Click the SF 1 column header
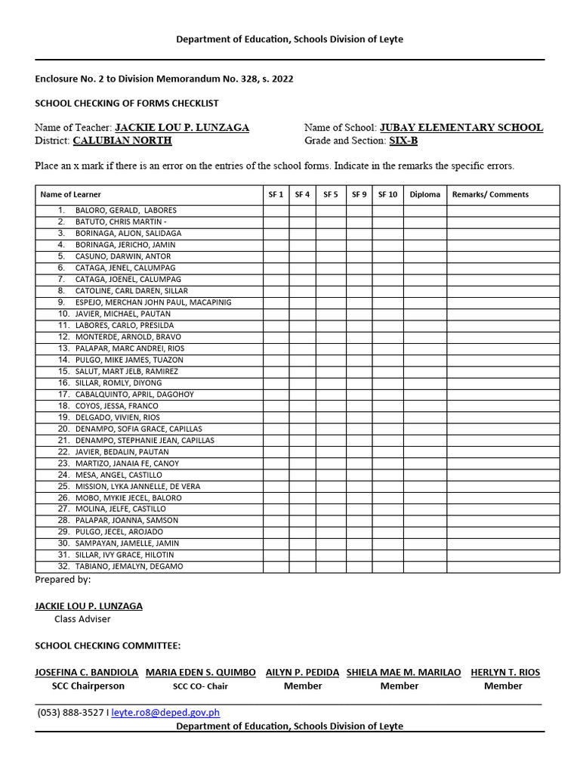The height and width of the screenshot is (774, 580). point(276,194)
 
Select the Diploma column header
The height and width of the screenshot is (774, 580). point(424,194)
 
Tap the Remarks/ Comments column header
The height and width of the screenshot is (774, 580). point(490,194)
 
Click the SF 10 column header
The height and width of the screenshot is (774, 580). point(387,194)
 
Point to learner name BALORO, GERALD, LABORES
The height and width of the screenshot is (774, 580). point(125,211)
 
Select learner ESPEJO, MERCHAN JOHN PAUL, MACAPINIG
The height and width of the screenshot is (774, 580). point(153,302)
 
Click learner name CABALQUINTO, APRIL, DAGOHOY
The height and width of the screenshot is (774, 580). point(134,395)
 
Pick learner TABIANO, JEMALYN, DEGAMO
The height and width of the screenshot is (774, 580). point(128,566)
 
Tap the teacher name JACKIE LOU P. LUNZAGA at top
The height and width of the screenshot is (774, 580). point(181,128)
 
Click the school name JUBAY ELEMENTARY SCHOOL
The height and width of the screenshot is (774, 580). point(461,128)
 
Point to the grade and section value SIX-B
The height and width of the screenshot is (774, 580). point(403,141)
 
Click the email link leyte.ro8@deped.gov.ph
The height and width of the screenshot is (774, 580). point(165,712)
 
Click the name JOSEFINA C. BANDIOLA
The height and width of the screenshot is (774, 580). point(87,672)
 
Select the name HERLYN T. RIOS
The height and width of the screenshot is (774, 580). point(505,672)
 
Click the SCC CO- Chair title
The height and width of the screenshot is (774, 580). point(200,686)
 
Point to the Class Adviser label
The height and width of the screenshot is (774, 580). point(82,619)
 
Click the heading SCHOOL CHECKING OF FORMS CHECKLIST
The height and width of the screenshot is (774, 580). point(127,103)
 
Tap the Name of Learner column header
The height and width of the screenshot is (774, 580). point(70,194)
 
